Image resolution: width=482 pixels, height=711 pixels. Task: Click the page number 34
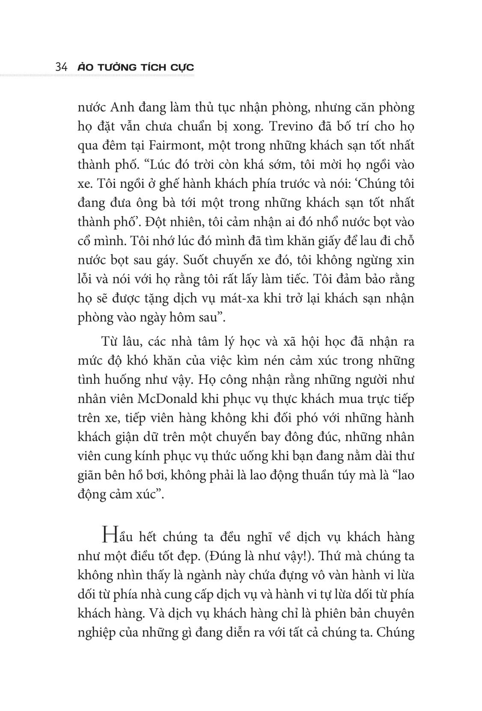60,67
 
